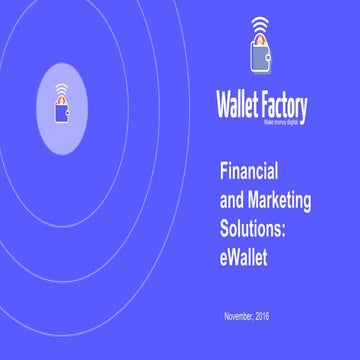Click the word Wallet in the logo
[239, 105]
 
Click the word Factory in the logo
[285, 105]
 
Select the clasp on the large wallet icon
[271, 60]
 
